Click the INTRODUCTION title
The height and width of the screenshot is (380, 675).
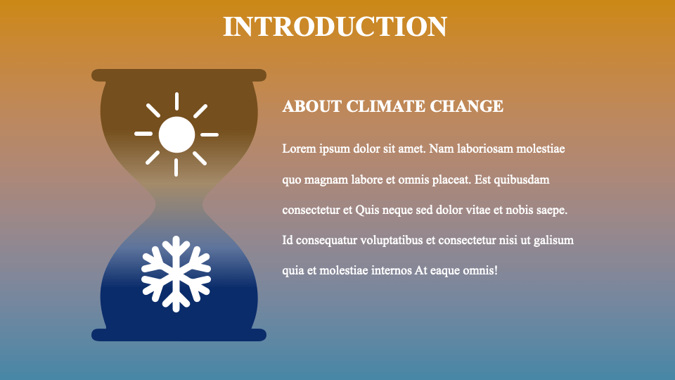[335, 27]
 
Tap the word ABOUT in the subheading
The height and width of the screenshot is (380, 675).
[302, 106]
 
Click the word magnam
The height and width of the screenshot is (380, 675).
[326, 179]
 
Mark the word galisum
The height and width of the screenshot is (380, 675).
[553, 240]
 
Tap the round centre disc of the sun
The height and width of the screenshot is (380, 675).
[176, 134]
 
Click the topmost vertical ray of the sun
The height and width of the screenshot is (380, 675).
[176, 101]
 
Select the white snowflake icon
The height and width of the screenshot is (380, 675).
[176, 274]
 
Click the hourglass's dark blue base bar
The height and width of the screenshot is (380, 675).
[179, 335]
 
